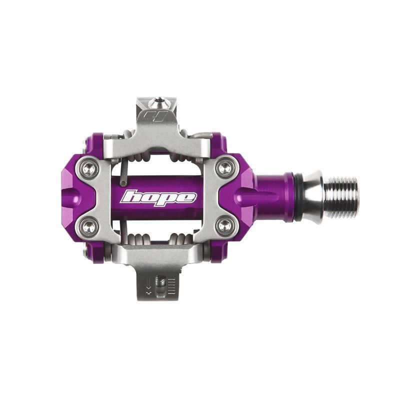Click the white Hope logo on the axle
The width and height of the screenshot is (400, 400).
pyautogui.click(x=158, y=196)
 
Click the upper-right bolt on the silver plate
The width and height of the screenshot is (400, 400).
pyautogui.click(x=226, y=167)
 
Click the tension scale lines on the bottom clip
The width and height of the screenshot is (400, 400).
pyautogui.click(x=171, y=286)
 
